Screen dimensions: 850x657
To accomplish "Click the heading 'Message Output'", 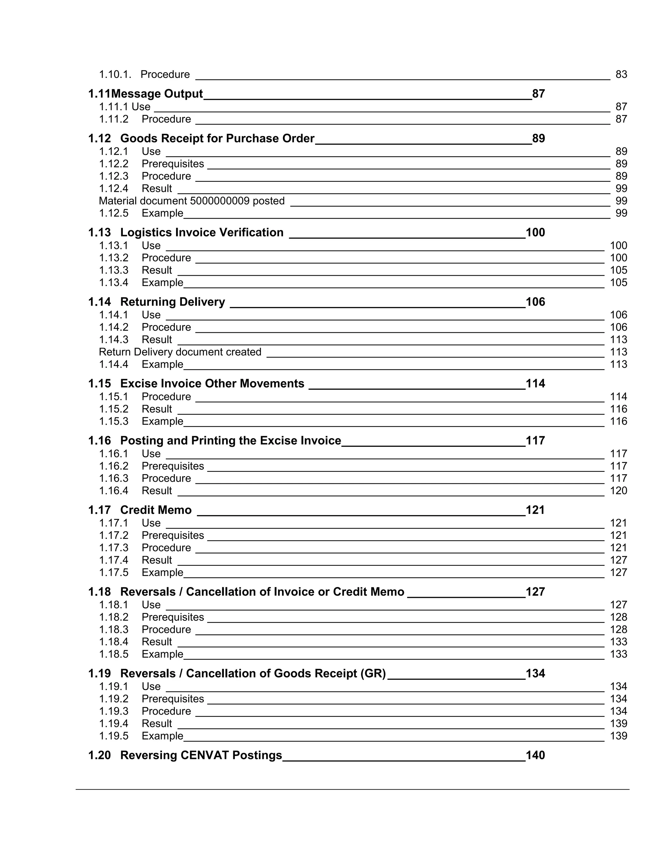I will click(x=157, y=94).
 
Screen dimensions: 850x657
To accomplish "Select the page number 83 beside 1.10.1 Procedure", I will click(x=621, y=74).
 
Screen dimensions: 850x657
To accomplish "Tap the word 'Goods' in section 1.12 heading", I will click(x=139, y=139).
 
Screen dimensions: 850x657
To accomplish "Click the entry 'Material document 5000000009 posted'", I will click(x=192, y=201).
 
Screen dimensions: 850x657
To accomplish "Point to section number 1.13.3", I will click(x=113, y=270).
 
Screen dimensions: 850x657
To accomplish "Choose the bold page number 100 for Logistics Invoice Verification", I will click(x=535, y=232).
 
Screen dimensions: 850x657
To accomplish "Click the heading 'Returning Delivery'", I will click(x=172, y=302).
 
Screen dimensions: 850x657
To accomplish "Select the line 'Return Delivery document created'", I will click(x=180, y=352).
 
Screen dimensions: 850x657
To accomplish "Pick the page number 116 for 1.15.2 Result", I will click(x=619, y=409).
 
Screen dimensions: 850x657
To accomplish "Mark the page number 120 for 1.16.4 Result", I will click(x=619, y=491).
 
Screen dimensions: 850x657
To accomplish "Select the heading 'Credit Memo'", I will click(x=156, y=510).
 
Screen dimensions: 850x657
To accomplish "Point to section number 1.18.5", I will click(x=113, y=654).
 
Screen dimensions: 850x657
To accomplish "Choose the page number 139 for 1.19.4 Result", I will click(x=619, y=724).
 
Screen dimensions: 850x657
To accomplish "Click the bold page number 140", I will click(x=535, y=755).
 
